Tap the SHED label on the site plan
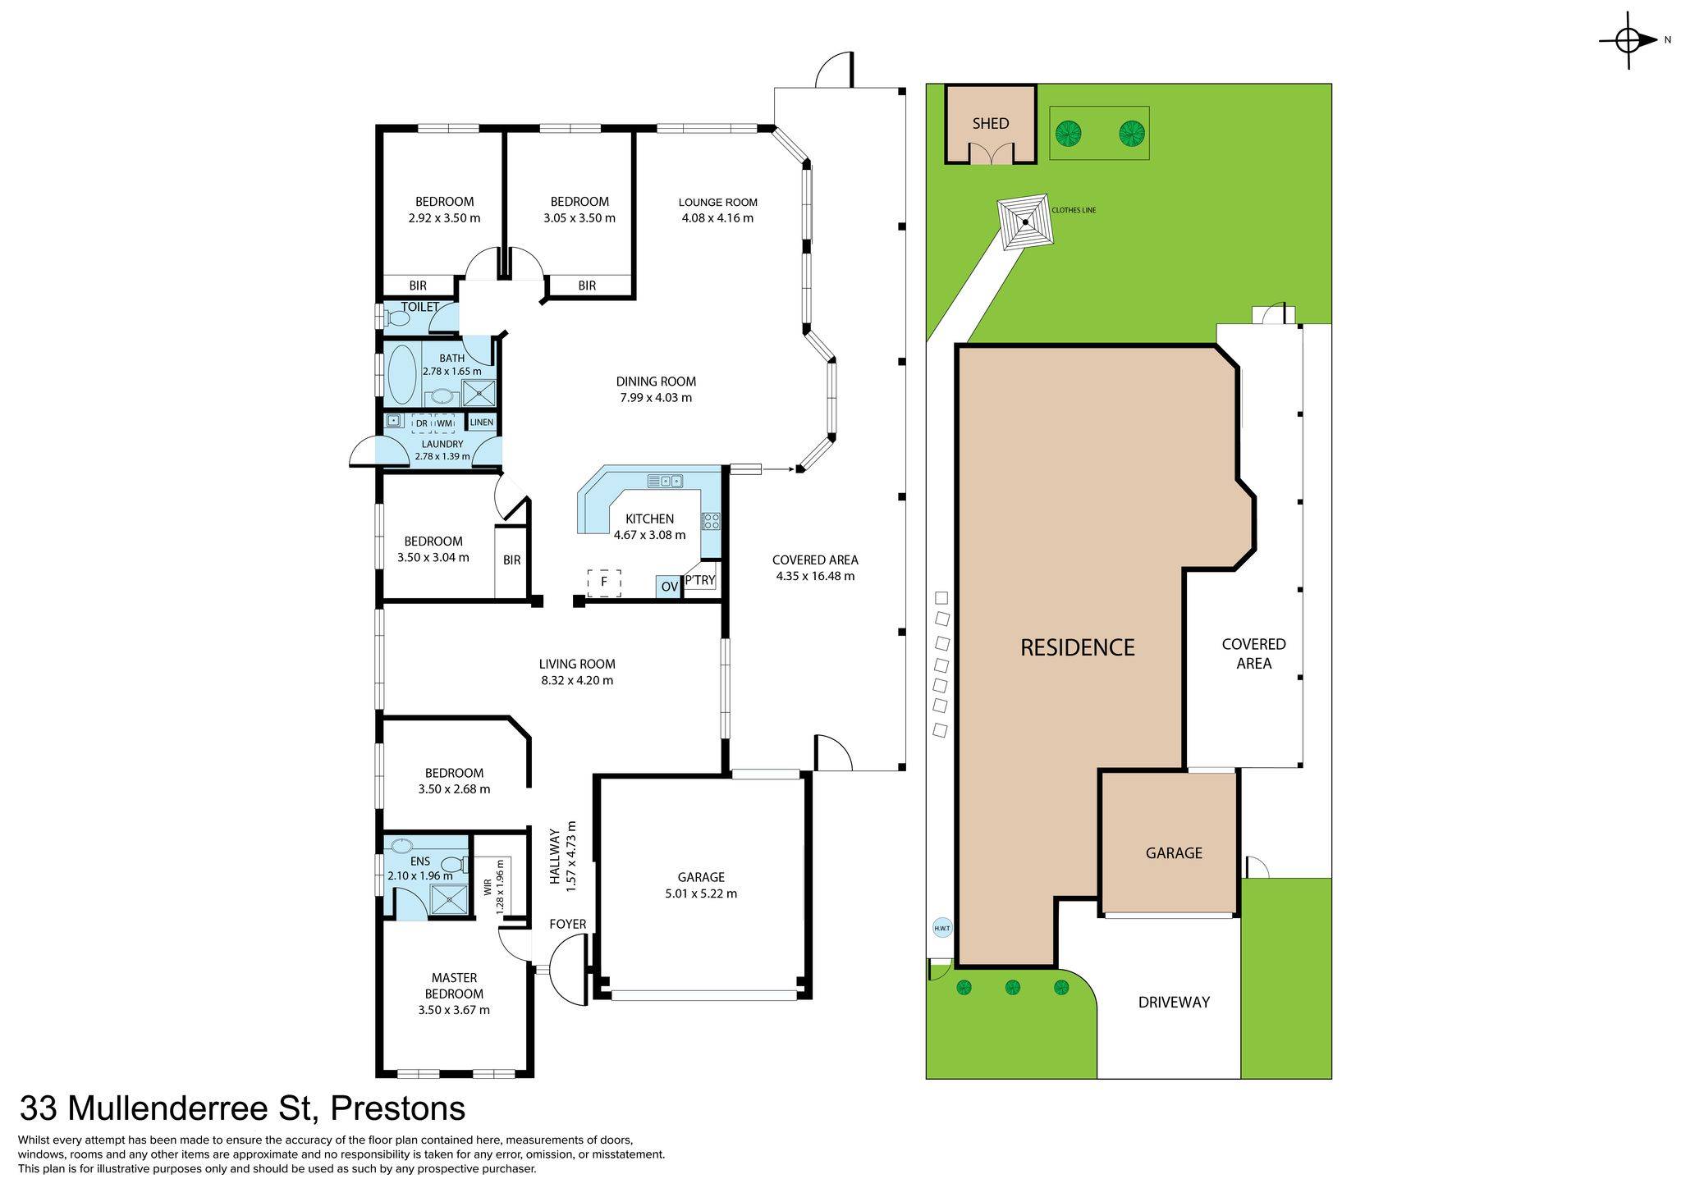[990, 124]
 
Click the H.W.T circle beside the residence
[941, 929]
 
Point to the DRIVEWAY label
[1174, 1002]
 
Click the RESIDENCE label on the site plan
[1077, 648]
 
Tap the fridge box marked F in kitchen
[604, 583]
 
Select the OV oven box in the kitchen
[669, 587]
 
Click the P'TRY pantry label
[700, 581]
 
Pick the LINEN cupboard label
[482, 423]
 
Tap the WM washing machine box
[444, 423]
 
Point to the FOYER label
[568, 925]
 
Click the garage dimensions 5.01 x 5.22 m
[701, 893]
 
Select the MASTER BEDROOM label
[454, 985]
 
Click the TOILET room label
[420, 307]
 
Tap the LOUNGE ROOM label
[717, 203]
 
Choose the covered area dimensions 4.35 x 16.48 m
[815, 576]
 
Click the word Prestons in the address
[397, 1108]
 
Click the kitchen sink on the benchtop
[666, 481]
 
